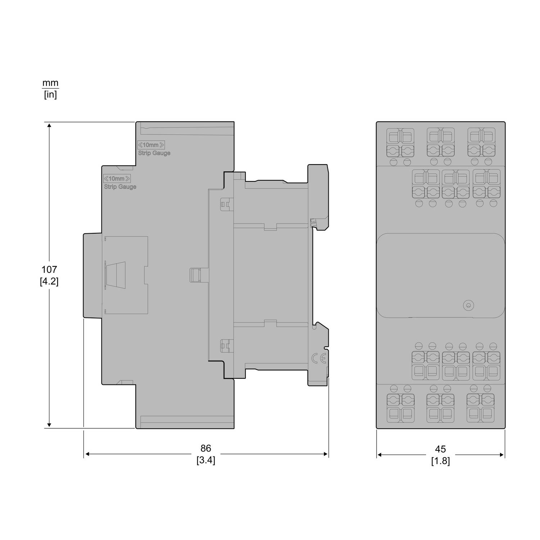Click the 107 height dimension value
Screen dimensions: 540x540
[49, 269]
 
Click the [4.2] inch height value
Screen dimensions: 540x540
[49, 281]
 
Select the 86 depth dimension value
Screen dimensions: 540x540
[206, 448]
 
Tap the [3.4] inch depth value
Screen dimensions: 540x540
[206, 460]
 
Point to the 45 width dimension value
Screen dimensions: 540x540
[440, 449]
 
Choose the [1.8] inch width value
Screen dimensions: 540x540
[440, 461]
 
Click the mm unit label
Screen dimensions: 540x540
[50, 83]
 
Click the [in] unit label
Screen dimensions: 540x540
[50, 95]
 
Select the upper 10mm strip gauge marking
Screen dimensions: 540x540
[151, 145]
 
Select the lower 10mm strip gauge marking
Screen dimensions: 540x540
[117, 179]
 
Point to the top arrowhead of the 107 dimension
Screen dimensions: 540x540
[49, 125]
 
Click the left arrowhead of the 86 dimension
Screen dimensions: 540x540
[87, 454]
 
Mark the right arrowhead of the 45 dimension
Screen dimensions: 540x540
[502, 455]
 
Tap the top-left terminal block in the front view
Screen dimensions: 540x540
[400, 143]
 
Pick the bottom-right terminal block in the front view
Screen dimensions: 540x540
[481, 408]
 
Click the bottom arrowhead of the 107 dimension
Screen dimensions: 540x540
[49, 425]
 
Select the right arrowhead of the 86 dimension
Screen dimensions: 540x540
[325, 454]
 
